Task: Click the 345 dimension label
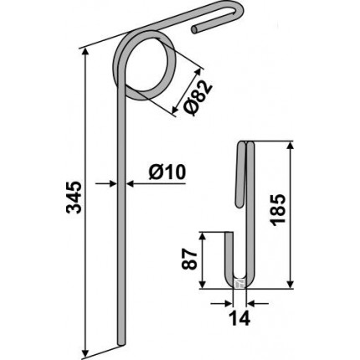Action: click(74, 198)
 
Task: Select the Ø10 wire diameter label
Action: click(167, 172)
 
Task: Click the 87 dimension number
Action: click(189, 259)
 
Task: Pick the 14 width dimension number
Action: click(239, 318)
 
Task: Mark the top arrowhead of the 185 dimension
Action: click(291, 147)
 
